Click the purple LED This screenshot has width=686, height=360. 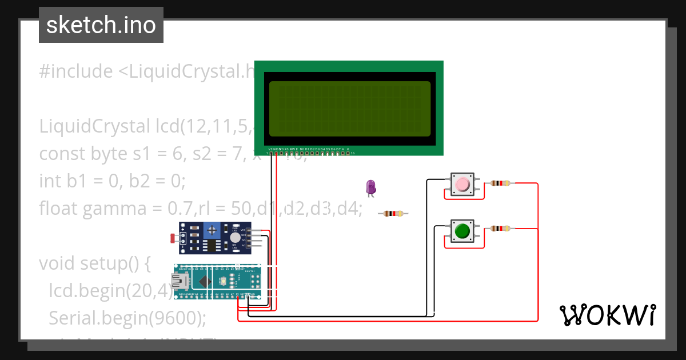370,187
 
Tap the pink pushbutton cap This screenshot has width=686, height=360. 462,184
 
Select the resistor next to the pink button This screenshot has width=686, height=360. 500,183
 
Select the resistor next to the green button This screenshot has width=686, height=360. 500,229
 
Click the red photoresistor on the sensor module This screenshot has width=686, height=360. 173,238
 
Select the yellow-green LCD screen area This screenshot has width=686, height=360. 349,109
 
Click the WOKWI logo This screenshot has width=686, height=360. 607,315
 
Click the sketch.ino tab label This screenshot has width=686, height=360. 101,25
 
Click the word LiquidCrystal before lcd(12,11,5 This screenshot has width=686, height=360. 93,126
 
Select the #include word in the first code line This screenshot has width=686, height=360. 76,71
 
